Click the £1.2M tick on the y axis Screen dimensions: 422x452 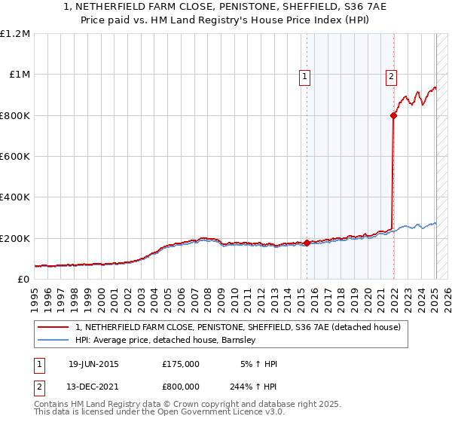point(15,34)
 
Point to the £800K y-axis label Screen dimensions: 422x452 point(15,115)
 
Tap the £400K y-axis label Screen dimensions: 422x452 point(15,197)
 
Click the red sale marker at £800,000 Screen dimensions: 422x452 point(393,115)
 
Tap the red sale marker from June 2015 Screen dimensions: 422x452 point(307,243)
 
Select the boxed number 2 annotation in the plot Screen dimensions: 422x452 point(392,75)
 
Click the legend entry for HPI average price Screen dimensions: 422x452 point(165,341)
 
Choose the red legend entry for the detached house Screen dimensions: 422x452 point(241,327)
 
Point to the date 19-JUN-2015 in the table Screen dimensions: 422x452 point(93,364)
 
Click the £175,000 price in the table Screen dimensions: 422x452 point(181,364)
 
